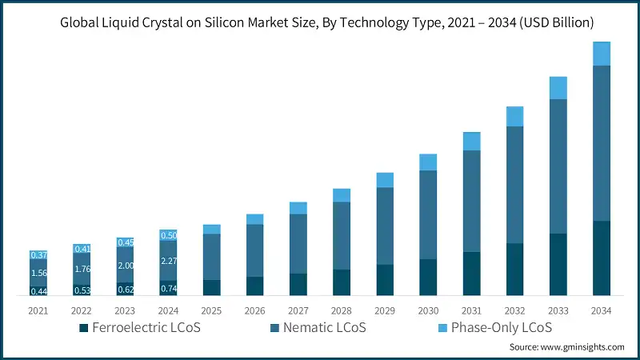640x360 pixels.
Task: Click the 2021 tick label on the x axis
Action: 38,310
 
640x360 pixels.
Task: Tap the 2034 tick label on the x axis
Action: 601,310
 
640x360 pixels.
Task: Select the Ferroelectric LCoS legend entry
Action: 139,328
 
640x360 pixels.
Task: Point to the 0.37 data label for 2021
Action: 38,254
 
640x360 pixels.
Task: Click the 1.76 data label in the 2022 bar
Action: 82,269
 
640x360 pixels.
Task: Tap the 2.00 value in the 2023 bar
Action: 125,265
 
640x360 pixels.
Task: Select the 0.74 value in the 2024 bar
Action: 168,288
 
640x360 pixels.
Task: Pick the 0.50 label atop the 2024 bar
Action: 168,235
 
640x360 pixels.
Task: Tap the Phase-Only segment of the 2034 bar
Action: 601,54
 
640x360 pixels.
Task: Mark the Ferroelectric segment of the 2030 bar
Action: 428,278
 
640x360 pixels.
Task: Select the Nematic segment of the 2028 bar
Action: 342,235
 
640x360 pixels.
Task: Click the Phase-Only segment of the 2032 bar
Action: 514,116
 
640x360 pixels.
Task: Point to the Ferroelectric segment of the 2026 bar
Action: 254,286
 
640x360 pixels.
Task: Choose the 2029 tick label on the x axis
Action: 385,310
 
